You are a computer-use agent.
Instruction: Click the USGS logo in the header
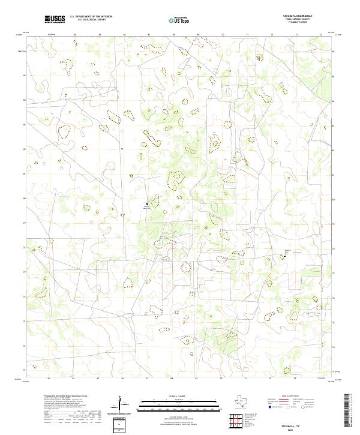pos(55,19)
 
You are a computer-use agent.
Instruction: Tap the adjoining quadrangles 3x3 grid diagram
pos(238,422)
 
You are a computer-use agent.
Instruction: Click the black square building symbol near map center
pos(146,204)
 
